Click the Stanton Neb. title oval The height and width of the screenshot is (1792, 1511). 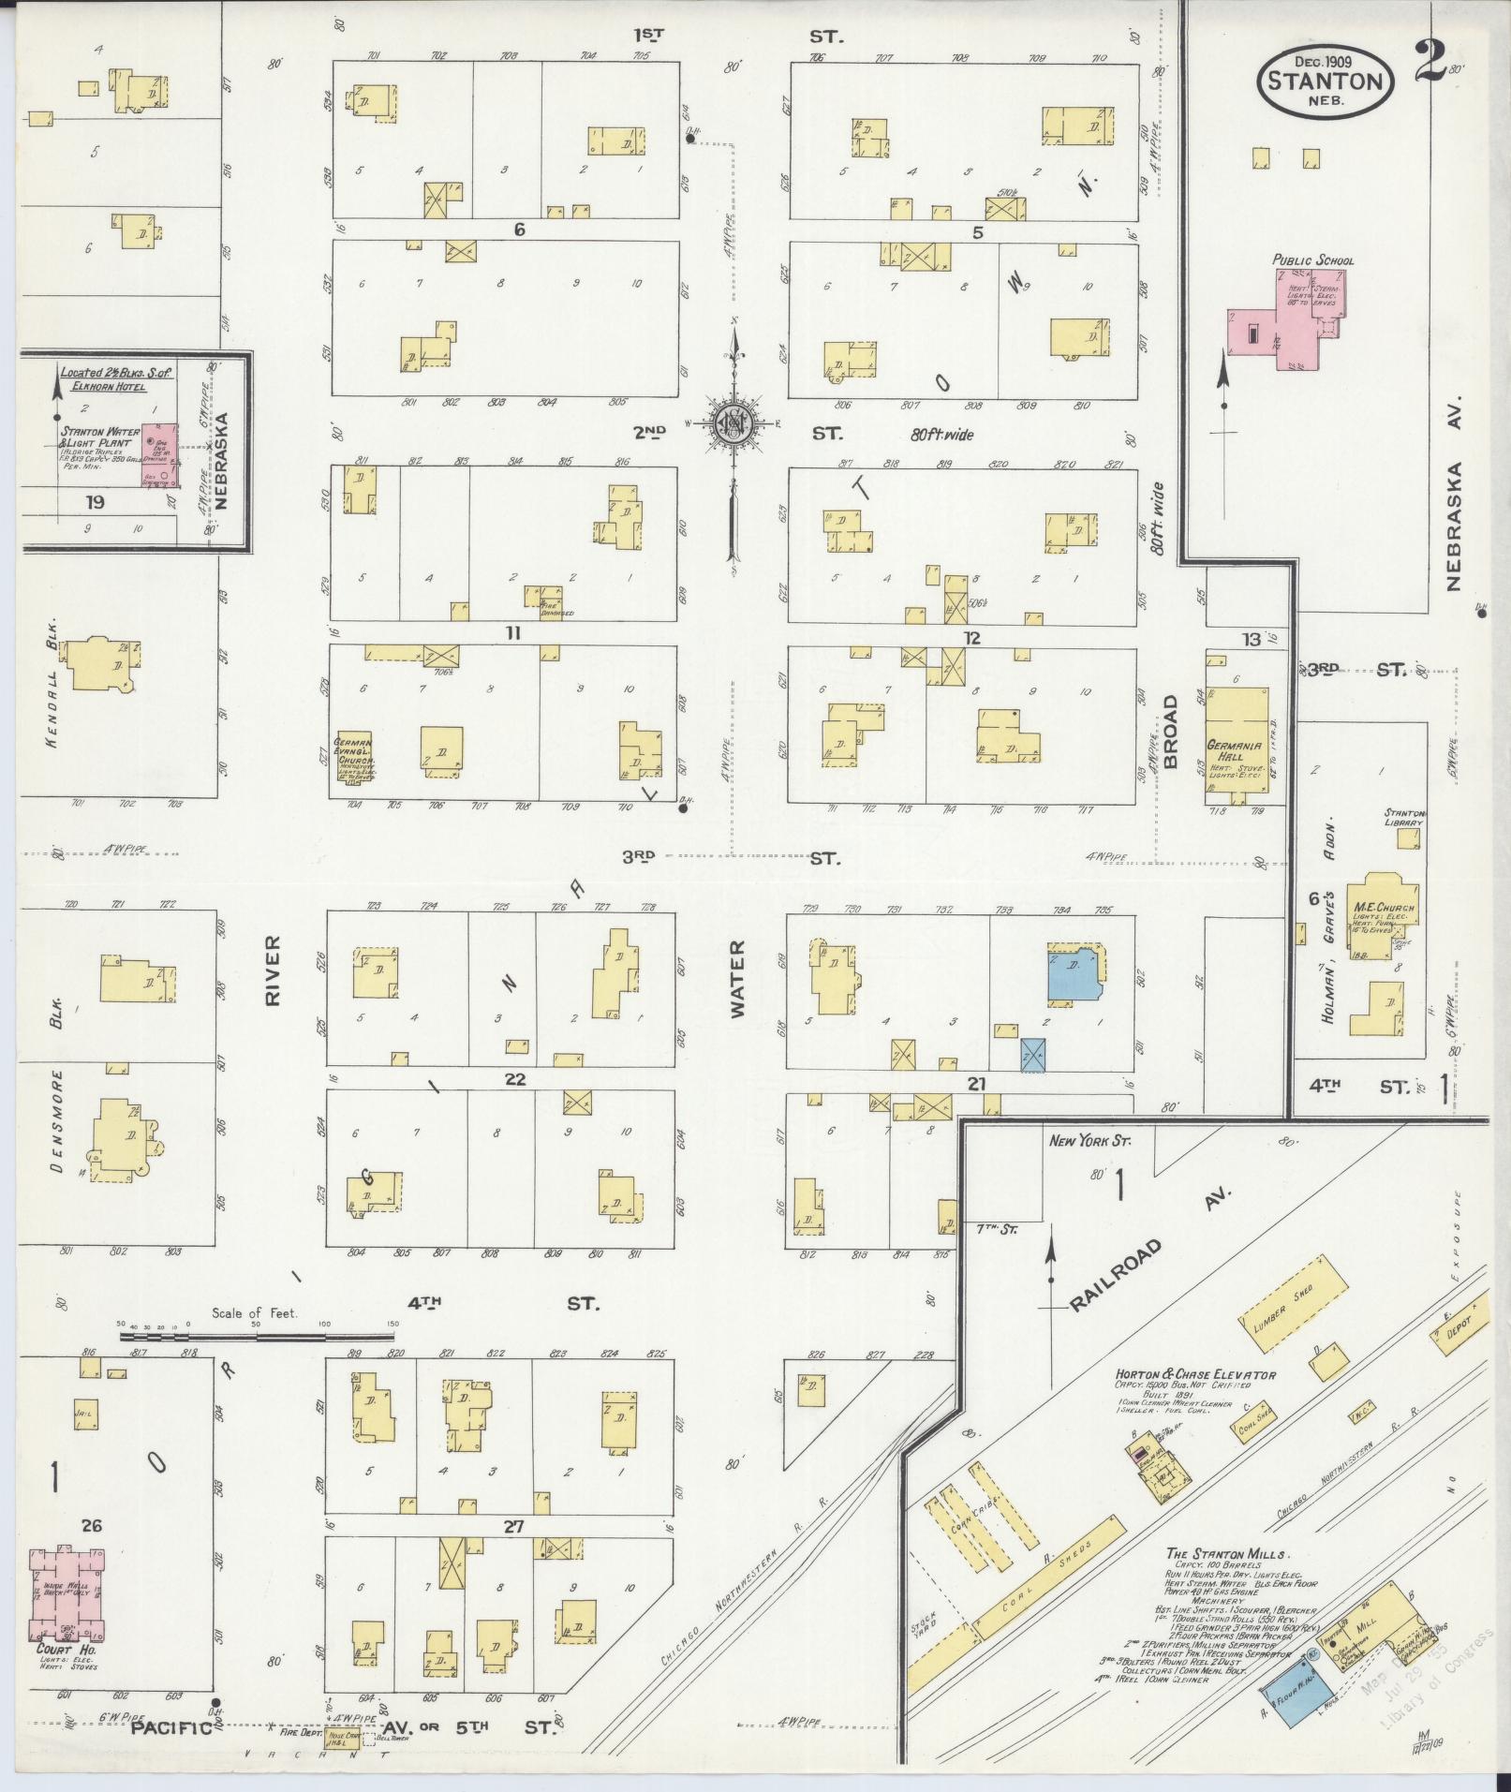[1325, 77]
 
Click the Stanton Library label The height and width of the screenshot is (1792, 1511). [1405, 817]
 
